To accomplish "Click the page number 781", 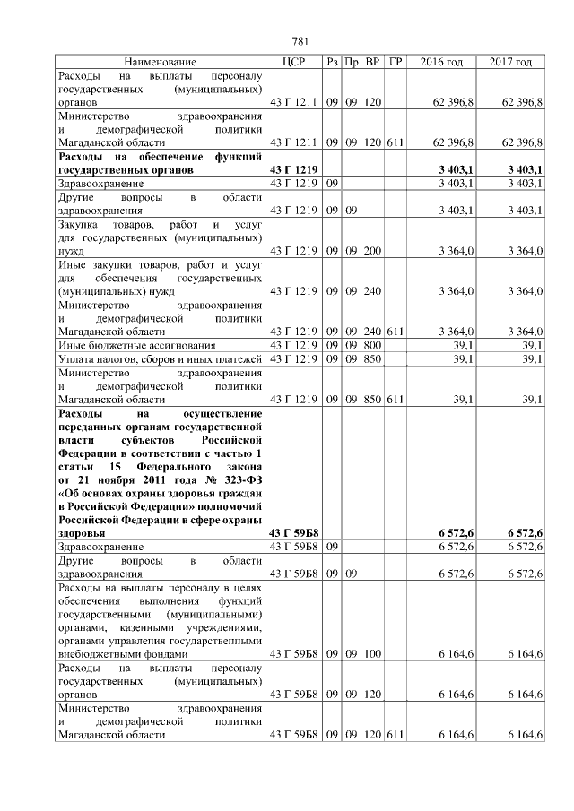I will (300, 41).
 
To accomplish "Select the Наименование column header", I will (160, 62).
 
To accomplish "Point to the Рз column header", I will (333, 62).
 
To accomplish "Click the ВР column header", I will (373, 62).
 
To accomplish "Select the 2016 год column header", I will (441, 62).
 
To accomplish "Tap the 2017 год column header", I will (510, 62).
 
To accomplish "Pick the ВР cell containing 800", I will (373, 345).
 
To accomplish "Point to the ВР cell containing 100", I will (373, 655).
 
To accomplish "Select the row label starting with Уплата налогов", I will (160, 359).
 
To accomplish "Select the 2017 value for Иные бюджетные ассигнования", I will (533, 345).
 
